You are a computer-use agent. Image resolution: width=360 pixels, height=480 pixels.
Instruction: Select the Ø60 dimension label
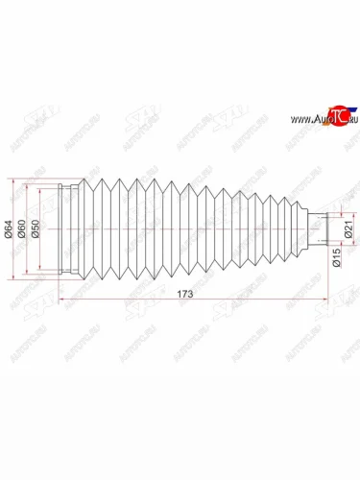point(22,229)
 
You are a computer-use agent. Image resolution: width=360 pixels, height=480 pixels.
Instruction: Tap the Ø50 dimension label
point(36,229)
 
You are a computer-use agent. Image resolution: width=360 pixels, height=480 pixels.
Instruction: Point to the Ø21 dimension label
point(350,229)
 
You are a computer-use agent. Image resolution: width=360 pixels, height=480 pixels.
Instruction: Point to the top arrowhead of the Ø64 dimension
point(13,180)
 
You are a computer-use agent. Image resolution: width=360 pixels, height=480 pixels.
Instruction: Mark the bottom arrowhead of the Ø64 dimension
point(13,280)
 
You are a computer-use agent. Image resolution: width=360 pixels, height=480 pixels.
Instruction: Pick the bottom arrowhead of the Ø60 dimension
point(27,275)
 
